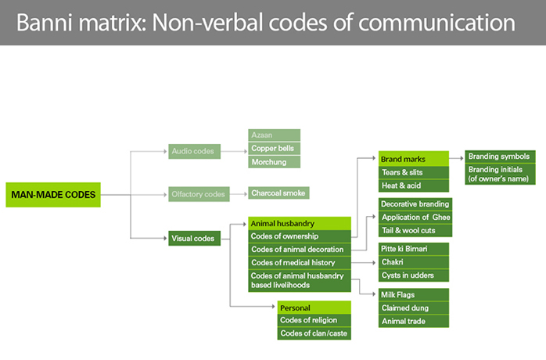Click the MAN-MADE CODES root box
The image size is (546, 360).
pos(53,195)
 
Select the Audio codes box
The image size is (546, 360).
pos(194,151)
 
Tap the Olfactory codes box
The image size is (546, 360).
pos(199,194)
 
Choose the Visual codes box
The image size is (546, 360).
pos(194,239)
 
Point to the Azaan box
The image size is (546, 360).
pos(274,135)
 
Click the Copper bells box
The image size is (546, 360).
pos(274,149)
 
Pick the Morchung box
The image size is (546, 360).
pos(274,162)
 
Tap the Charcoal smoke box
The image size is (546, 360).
pos(278,193)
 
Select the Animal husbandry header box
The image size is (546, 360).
pos(300,223)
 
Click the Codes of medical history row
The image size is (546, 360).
pos(300,262)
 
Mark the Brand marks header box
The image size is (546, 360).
pos(414,159)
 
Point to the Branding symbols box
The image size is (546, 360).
pos(500,157)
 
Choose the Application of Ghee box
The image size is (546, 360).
pos(415,217)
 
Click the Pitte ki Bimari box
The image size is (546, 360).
pos(414,249)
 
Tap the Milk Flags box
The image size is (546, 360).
pos(414,295)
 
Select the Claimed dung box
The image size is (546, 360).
pos(414,308)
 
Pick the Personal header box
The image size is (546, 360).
pos(314,308)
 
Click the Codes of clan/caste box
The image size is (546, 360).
pos(314,333)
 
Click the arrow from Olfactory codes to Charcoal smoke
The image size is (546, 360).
pos(239,194)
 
